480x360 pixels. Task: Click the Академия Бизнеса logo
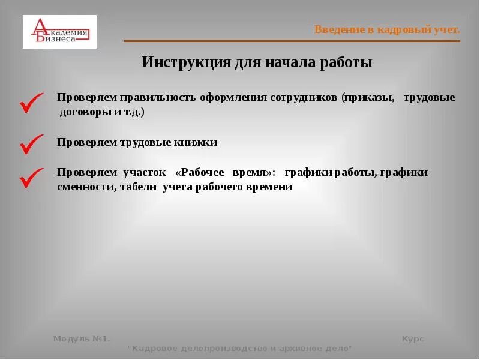59,32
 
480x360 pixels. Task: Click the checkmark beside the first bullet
31,103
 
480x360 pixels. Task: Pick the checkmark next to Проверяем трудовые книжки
31,144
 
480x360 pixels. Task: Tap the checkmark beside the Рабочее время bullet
31,178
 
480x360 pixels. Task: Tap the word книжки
196,143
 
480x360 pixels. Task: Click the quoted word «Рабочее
200,172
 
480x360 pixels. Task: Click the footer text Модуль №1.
81,339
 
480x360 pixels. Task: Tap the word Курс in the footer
413,339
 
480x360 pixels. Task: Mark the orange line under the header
292,41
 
